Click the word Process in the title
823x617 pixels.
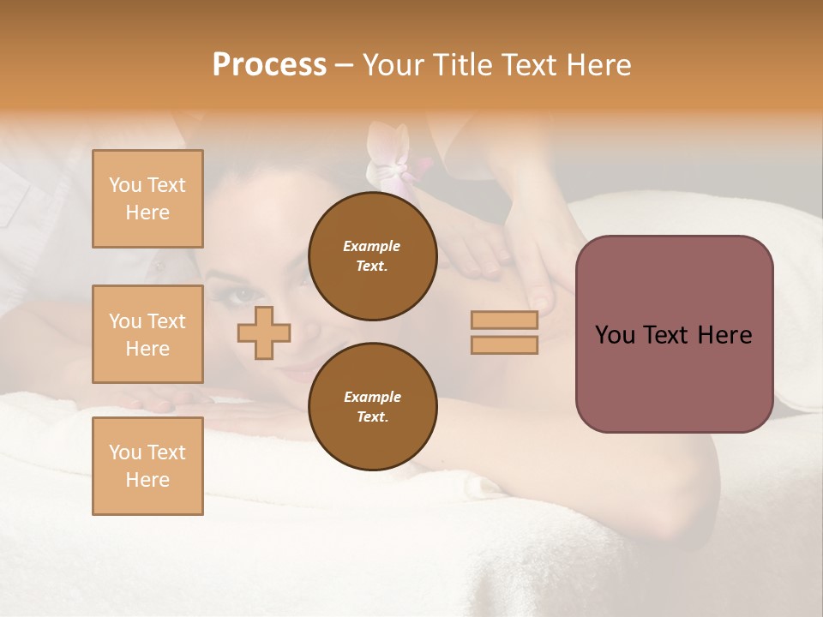click(x=269, y=65)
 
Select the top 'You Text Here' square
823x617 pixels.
click(x=147, y=199)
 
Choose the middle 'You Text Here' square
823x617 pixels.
click(x=147, y=334)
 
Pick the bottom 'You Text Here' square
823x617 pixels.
click(x=147, y=466)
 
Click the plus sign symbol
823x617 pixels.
click(x=264, y=332)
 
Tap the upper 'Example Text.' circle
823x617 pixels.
click(x=372, y=256)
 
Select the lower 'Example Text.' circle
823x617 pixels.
click(x=372, y=407)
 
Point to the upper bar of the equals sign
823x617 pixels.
click(x=504, y=320)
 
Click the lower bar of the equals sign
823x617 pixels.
click(x=504, y=344)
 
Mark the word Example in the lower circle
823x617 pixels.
click(x=372, y=397)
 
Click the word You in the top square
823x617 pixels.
click(x=125, y=185)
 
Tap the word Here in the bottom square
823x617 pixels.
click(x=147, y=480)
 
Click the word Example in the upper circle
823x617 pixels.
click(x=372, y=246)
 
